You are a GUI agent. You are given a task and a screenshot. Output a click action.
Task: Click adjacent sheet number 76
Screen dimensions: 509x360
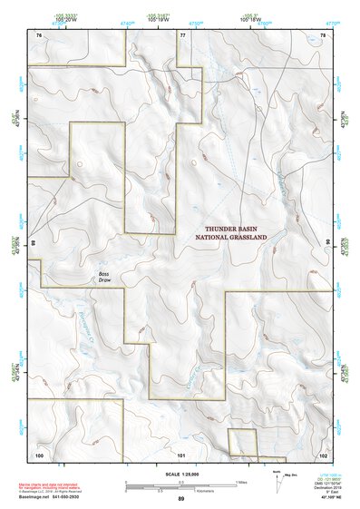tap(39, 34)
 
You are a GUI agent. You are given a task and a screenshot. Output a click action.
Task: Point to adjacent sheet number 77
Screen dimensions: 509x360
tap(182, 34)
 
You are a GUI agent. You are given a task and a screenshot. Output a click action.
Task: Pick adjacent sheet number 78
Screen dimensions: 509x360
tap(324, 34)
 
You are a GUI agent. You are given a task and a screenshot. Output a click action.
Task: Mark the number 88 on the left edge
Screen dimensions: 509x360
tap(32, 243)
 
